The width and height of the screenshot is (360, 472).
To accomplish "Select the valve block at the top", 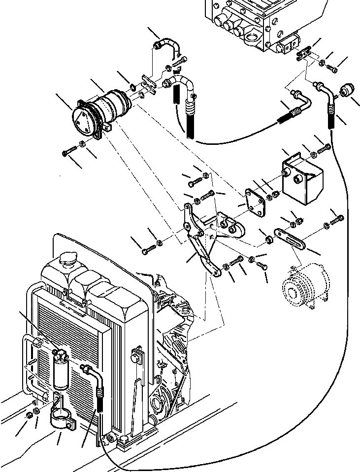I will coord(256,22).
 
